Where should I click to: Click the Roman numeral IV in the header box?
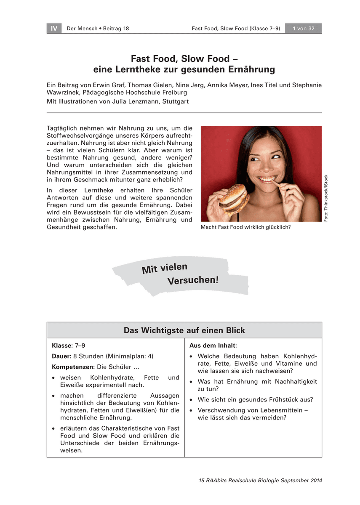[54, 29]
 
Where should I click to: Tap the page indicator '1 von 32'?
[303, 29]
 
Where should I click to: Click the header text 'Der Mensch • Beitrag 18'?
[98, 29]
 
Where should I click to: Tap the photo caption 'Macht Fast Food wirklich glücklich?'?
[246, 228]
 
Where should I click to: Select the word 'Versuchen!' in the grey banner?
[193, 280]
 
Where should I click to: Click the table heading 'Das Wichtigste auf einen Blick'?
[184, 330]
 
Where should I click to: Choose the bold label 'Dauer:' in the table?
[61, 356]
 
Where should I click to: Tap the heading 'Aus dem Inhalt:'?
[213, 346]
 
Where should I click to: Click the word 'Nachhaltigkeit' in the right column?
[296, 382]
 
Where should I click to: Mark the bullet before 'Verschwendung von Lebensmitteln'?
[192, 411]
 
